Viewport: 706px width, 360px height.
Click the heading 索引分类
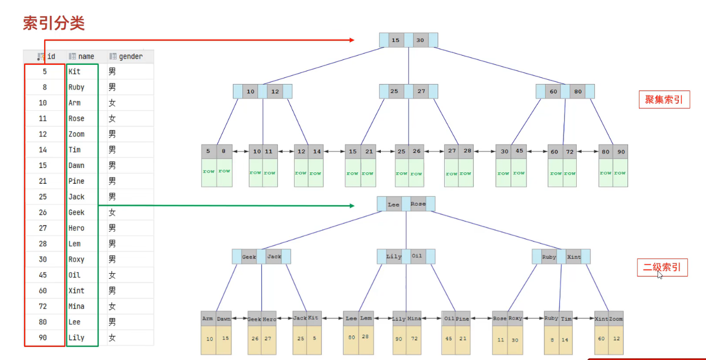53,23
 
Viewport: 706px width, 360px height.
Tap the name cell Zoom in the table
76,134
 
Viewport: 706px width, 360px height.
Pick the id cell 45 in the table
43,275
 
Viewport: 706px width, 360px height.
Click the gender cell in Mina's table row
112,307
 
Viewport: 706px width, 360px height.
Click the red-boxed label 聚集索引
663,99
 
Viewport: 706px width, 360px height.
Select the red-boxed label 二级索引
662,268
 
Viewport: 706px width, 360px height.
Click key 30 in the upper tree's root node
420,40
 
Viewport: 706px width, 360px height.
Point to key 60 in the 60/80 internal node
554,92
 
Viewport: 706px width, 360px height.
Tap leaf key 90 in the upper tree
620,152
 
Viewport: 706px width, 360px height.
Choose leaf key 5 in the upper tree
208,152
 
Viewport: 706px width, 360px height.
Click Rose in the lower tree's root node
418,204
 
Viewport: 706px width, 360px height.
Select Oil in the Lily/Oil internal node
417,256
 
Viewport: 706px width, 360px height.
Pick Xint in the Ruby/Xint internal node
574,257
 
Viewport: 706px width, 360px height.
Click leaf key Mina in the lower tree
414,319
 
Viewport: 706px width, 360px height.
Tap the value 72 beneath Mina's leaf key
414,339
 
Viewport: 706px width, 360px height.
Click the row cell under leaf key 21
367,173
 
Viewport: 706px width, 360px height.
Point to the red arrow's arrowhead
351,40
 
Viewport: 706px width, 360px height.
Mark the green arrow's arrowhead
351,206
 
